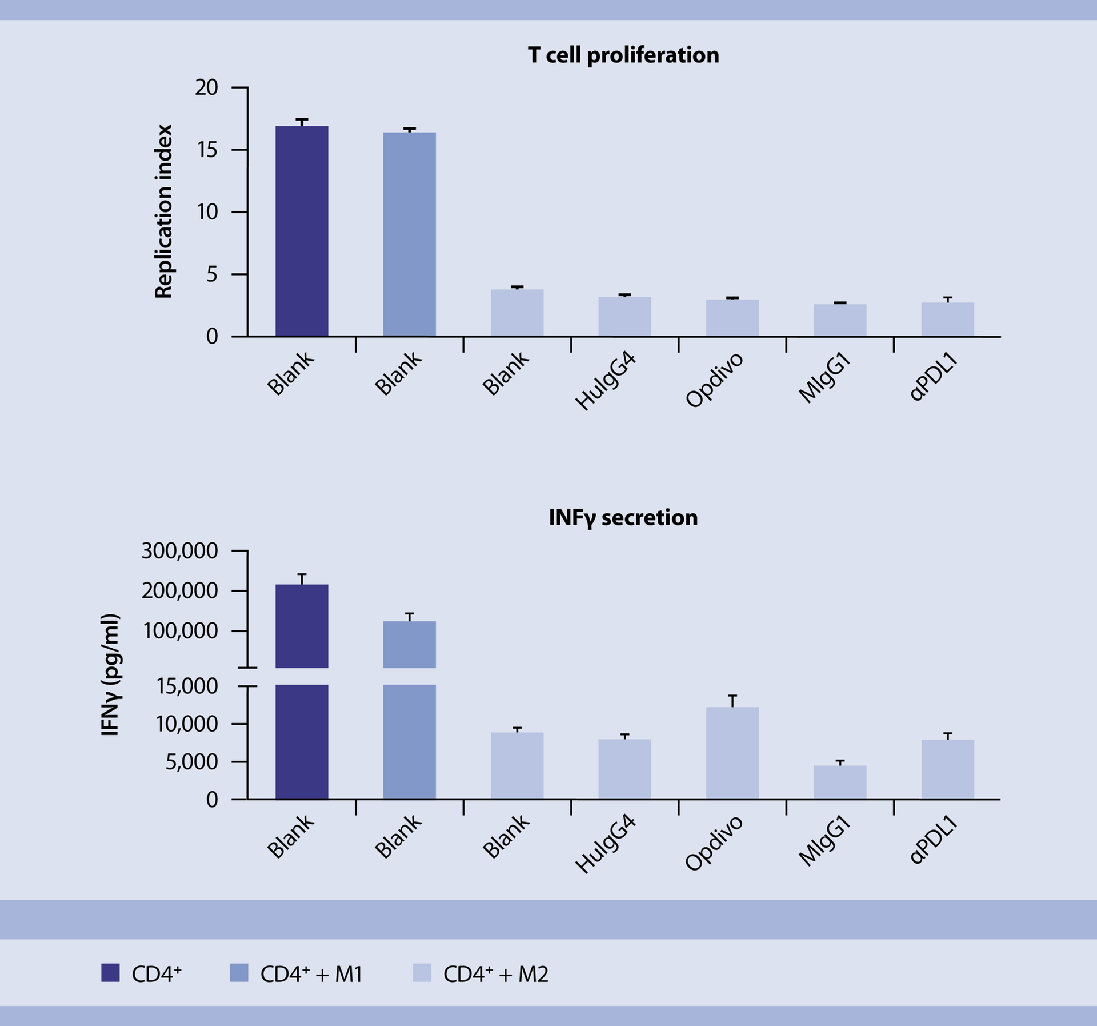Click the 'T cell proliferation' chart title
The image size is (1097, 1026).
[x=623, y=55]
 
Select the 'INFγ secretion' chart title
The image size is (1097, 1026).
[x=623, y=518]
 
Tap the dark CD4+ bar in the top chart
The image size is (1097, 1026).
[x=302, y=231]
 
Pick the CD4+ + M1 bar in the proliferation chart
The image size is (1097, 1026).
[x=409, y=234]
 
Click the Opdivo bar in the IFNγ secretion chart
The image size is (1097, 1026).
[x=732, y=753]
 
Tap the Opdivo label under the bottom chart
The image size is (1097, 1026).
[x=714, y=844]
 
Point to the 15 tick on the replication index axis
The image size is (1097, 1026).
[x=207, y=150]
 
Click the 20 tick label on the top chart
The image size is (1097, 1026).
[x=207, y=88]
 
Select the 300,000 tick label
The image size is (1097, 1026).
[x=179, y=551]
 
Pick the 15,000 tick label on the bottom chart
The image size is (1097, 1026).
[x=187, y=686]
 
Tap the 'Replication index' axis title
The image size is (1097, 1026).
[x=163, y=211]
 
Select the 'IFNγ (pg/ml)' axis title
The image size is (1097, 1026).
[x=110, y=674]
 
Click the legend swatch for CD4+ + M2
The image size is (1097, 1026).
[x=422, y=973]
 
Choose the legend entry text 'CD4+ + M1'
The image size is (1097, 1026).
[x=311, y=974]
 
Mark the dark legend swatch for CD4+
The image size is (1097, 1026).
[x=110, y=973]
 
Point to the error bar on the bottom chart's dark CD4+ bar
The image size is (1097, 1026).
[x=302, y=578]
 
